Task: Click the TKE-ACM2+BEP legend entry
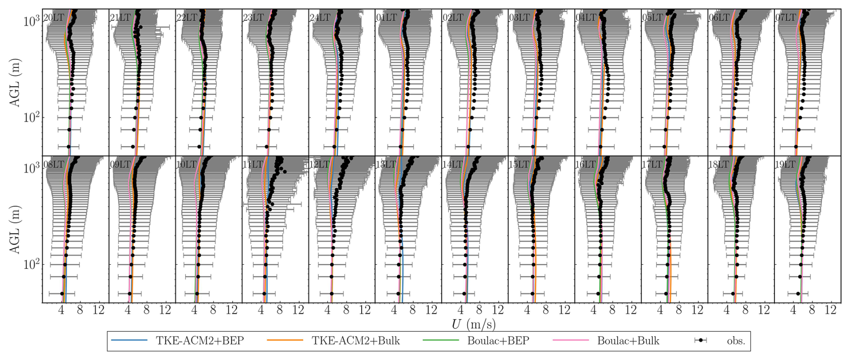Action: tap(199, 341)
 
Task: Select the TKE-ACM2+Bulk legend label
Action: tap(355, 341)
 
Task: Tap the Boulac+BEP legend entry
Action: tap(498, 341)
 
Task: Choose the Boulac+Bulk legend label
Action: tap(628, 341)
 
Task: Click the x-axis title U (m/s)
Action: tap(474, 324)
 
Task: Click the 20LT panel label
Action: tap(53, 18)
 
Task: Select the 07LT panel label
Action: tap(786, 18)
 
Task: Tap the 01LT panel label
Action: tap(386, 18)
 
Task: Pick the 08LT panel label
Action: tap(53, 164)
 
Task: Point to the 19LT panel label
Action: tap(786, 164)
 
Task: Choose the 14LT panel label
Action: tap(453, 164)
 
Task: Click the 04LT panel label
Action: tap(586, 18)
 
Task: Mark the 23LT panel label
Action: tap(253, 18)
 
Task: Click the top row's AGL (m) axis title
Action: tap(15, 82)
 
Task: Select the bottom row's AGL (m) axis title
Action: tap(15, 229)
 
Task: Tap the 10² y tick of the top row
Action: tap(31, 118)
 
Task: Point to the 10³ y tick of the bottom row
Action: tap(31, 168)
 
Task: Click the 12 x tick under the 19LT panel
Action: tap(830, 310)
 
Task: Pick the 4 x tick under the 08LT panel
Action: tap(62, 310)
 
